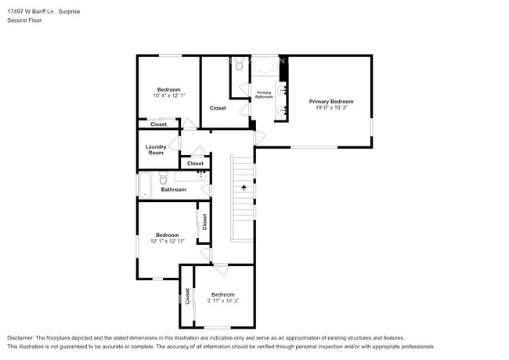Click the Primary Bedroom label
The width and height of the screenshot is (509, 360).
(330, 102)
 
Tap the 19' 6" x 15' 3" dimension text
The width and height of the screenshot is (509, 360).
(330, 109)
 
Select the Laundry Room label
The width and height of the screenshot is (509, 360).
(156, 149)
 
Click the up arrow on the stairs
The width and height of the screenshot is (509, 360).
(244, 188)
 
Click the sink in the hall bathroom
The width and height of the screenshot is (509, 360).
(201, 176)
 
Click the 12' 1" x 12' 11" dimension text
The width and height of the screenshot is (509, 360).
(168, 242)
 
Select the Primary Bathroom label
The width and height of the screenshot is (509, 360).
(265, 95)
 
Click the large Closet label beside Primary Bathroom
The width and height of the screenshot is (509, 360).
(218, 108)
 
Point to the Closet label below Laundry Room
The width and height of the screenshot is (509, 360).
(195, 164)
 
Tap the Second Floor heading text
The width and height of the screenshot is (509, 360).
(24, 21)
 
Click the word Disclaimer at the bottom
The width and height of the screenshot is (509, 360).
(21, 337)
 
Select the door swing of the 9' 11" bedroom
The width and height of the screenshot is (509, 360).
(222, 271)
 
